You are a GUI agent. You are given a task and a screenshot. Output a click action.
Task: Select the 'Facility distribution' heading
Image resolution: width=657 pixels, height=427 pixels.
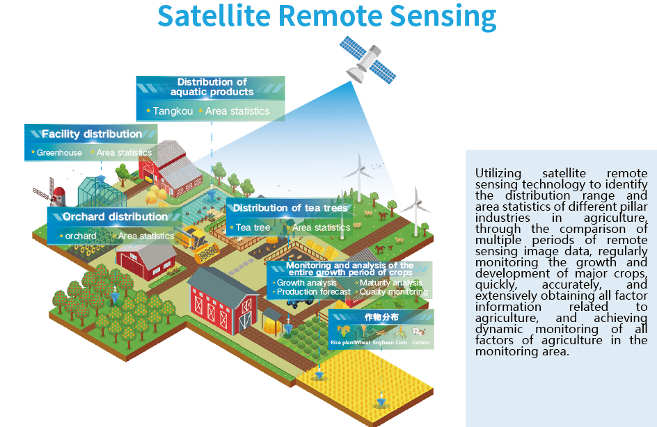tap(91, 134)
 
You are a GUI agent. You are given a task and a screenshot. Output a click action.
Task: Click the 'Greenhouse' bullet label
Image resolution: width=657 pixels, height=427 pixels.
tap(59, 153)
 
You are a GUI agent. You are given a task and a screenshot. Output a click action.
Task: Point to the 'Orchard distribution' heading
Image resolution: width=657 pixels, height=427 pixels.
tap(115, 217)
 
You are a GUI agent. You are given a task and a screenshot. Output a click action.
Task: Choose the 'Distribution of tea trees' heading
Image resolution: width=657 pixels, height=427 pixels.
tap(290, 208)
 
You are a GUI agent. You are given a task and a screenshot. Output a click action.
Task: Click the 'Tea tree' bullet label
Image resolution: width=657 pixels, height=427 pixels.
tap(253, 227)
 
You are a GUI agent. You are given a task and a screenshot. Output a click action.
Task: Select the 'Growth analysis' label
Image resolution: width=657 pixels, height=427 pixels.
tap(306, 283)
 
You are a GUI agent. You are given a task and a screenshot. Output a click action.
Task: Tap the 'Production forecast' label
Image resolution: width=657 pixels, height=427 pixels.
tap(313, 292)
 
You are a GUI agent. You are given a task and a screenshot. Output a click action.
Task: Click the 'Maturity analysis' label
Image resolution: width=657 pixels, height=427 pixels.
tap(390, 283)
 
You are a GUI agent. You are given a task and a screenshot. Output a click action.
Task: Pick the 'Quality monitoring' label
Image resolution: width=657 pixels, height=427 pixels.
tap(393, 292)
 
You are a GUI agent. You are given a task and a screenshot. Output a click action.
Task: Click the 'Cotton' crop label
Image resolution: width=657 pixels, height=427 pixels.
tap(420, 343)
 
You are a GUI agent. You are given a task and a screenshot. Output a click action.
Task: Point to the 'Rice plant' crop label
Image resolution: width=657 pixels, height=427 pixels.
tap(342, 343)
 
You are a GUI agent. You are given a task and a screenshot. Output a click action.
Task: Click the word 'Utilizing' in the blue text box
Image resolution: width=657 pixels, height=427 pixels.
tap(497, 173)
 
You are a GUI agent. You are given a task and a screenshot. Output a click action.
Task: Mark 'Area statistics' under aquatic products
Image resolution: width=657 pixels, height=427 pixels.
tap(237, 111)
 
